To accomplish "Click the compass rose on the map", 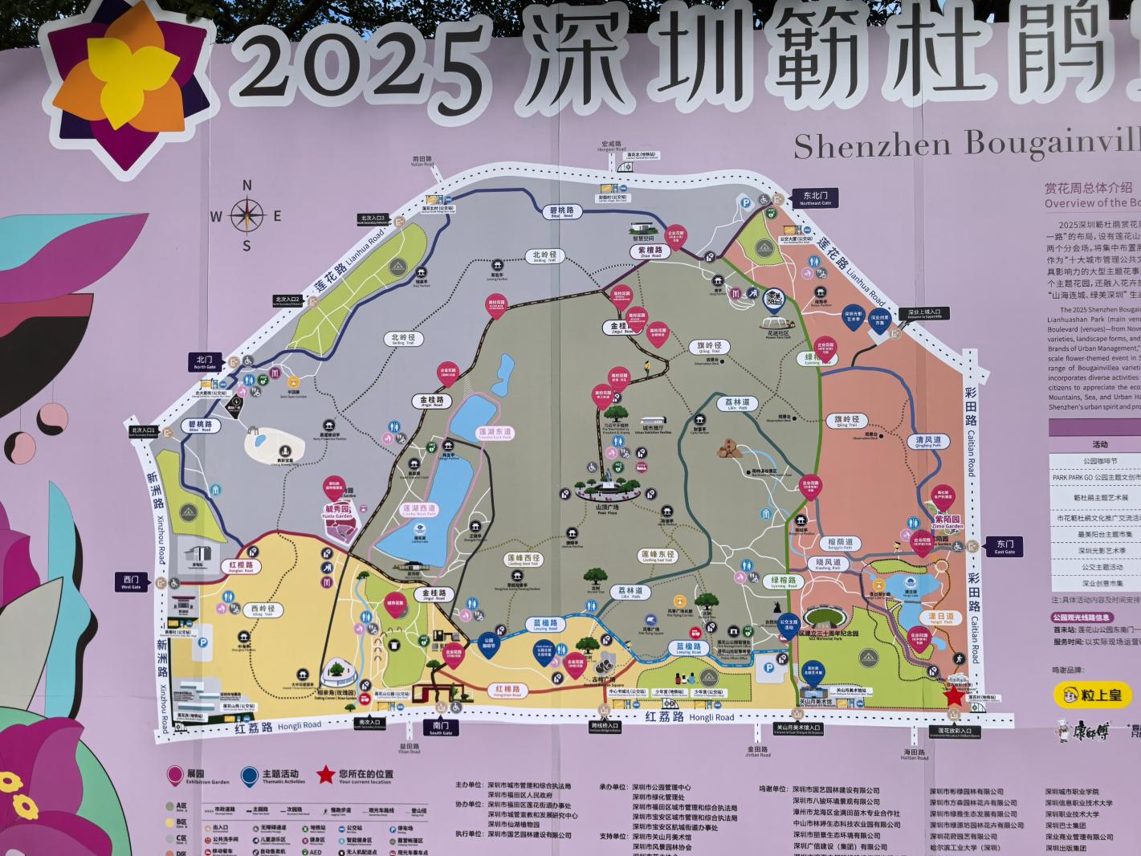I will click(x=247, y=215).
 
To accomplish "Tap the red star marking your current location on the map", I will click(x=954, y=695).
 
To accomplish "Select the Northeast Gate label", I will click(x=816, y=198).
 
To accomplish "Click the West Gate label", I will click(x=131, y=581).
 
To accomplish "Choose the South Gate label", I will click(x=440, y=728).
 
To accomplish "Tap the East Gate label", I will click(x=1004, y=546).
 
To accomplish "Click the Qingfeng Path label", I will click(x=928, y=442).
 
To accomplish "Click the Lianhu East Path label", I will click(x=495, y=433).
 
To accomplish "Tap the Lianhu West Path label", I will click(x=419, y=510).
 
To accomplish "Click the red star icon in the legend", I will click(x=324, y=775).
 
